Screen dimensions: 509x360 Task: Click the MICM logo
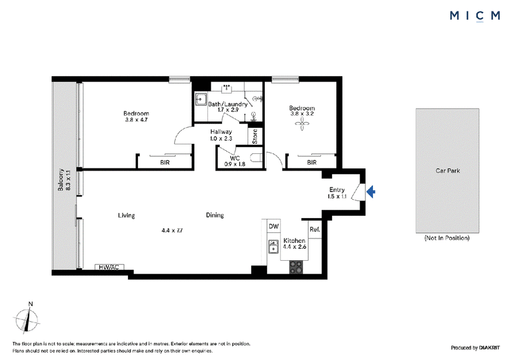click(x=475, y=15)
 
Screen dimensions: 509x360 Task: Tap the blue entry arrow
click(x=371, y=191)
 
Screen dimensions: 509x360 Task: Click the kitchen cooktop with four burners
click(x=296, y=267)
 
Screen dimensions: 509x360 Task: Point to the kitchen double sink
click(x=274, y=247)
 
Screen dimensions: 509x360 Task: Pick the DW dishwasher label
click(x=274, y=226)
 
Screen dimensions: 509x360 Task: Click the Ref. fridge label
click(x=315, y=230)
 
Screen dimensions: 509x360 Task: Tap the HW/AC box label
click(x=109, y=267)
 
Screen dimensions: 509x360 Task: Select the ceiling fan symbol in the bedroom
click(x=302, y=123)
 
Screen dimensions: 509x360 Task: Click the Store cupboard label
click(x=255, y=136)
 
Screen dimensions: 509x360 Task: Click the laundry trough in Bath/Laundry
click(x=201, y=99)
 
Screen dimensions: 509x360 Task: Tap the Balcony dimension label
click(x=64, y=179)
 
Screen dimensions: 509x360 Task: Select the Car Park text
click(x=448, y=170)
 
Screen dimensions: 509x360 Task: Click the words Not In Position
click(x=447, y=238)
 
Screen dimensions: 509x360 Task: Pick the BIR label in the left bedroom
click(x=165, y=162)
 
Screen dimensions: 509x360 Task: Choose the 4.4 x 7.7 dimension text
click(x=172, y=230)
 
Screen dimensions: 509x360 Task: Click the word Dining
click(x=214, y=215)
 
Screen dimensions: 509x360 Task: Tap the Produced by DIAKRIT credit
click(x=475, y=348)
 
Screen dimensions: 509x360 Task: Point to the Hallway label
click(x=221, y=132)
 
